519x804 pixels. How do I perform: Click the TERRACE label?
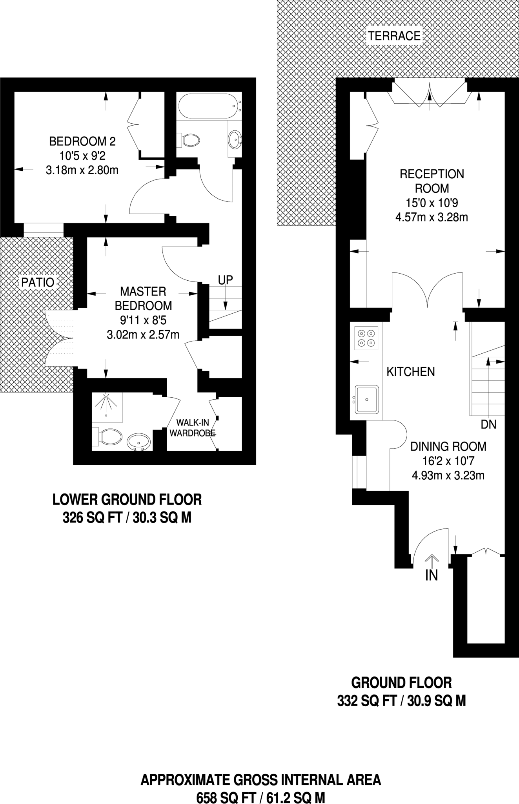(x=394, y=36)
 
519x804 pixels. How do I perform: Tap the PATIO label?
(x=38, y=282)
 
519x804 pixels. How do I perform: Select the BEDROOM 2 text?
(x=82, y=141)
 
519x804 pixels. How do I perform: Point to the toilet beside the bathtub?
(x=190, y=139)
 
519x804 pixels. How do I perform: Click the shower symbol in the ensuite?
(x=106, y=404)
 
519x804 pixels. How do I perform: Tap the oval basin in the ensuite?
(x=139, y=442)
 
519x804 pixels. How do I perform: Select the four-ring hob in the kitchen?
(x=366, y=338)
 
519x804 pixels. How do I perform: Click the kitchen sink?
(x=367, y=399)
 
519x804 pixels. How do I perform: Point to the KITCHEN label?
(x=411, y=372)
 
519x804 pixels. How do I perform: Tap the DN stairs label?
(x=488, y=424)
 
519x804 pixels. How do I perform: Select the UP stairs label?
(x=225, y=280)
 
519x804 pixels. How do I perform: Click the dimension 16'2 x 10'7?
(x=448, y=461)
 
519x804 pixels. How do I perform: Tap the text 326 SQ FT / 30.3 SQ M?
(x=127, y=518)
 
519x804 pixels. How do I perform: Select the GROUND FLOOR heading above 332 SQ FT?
(x=401, y=683)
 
